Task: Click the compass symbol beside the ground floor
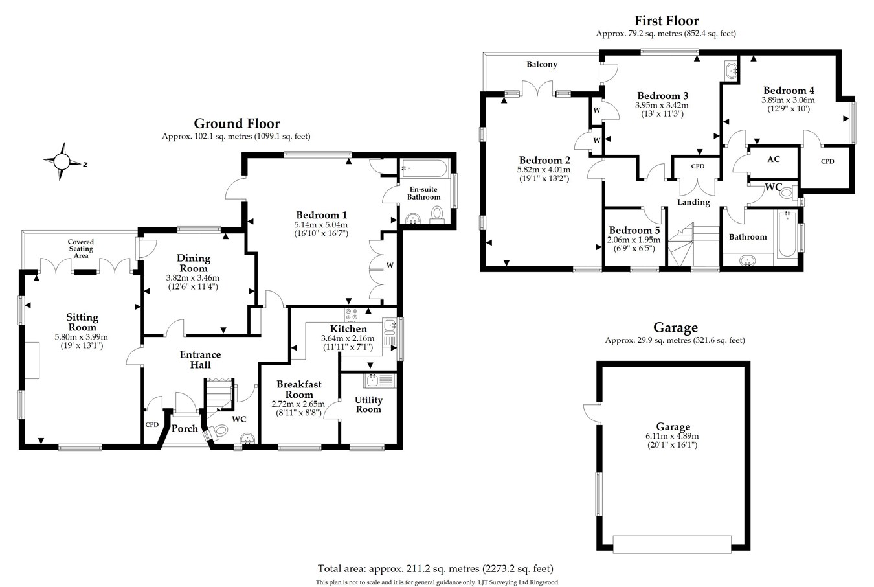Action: pyautogui.click(x=62, y=160)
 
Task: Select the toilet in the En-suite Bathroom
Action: pyautogui.click(x=437, y=214)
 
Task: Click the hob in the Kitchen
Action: pyautogui.click(x=353, y=314)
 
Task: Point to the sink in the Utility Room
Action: pyautogui.click(x=374, y=380)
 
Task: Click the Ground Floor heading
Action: pyautogui.click(x=237, y=124)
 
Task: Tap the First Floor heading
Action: pyautogui.click(x=666, y=21)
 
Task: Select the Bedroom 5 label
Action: pyautogui.click(x=634, y=231)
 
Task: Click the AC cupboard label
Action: pyautogui.click(x=773, y=159)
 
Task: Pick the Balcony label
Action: pyautogui.click(x=542, y=64)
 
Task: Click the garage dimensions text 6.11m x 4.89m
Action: pyautogui.click(x=673, y=436)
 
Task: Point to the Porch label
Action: pyautogui.click(x=185, y=428)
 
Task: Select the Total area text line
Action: pyautogui.click(x=436, y=569)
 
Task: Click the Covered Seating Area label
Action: pyautogui.click(x=81, y=249)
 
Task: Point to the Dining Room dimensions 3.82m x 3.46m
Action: pyautogui.click(x=193, y=277)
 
